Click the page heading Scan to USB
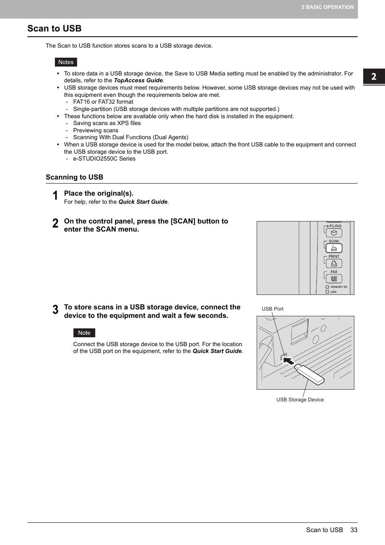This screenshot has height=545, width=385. click(x=54, y=29)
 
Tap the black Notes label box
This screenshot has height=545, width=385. click(x=66, y=62)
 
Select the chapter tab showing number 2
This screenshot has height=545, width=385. click(x=374, y=76)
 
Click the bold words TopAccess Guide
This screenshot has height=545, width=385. click(x=138, y=80)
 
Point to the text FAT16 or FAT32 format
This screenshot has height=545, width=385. click(x=103, y=102)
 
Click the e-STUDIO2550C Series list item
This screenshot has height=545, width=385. click(x=104, y=159)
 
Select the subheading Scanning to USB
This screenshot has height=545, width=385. click(x=74, y=177)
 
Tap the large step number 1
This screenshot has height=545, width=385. click(x=55, y=196)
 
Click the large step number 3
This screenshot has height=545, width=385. click(x=55, y=310)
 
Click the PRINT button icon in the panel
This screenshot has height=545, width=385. click(x=334, y=263)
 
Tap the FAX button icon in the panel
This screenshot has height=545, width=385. click(x=334, y=279)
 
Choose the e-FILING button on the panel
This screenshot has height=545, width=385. click(x=334, y=233)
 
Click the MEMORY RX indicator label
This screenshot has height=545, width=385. click(x=339, y=287)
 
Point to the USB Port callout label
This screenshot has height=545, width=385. click(x=272, y=309)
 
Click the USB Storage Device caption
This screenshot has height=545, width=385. click(x=300, y=400)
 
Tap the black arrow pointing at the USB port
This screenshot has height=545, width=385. click(x=288, y=360)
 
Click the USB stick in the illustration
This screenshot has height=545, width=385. click(x=310, y=374)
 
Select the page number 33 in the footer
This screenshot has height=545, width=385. click(x=354, y=530)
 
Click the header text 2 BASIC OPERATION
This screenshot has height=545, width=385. click(x=327, y=7)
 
